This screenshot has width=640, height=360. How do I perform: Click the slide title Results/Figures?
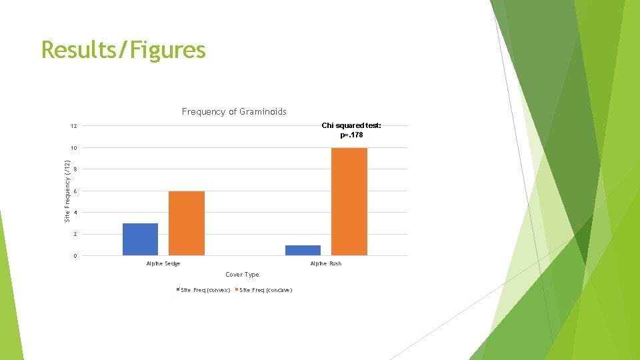tap(123, 50)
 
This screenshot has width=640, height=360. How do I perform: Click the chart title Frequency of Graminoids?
tap(234, 112)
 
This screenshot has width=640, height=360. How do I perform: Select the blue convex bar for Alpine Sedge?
tap(140, 239)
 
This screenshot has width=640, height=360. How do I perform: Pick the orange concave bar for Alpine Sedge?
tap(187, 223)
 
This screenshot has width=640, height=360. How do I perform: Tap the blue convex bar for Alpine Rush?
tap(303, 250)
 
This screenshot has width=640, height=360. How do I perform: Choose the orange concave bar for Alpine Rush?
tap(349, 201)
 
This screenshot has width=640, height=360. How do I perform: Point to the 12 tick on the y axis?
tap(74, 126)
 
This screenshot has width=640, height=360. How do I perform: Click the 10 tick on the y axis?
tap(74, 148)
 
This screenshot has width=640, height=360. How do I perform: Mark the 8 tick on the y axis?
tap(75, 169)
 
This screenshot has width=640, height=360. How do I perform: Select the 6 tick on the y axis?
tap(75, 191)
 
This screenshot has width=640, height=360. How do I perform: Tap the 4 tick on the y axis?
tap(75, 213)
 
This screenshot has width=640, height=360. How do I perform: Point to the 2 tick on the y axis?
tap(75, 235)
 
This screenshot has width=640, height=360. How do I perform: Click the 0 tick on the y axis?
tap(75, 256)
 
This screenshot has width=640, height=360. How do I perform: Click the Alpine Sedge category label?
tap(163, 264)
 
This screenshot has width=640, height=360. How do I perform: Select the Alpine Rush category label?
tap(326, 264)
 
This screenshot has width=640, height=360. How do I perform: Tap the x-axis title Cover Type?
tap(242, 275)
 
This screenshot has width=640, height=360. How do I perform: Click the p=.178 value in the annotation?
tap(351, 135)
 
